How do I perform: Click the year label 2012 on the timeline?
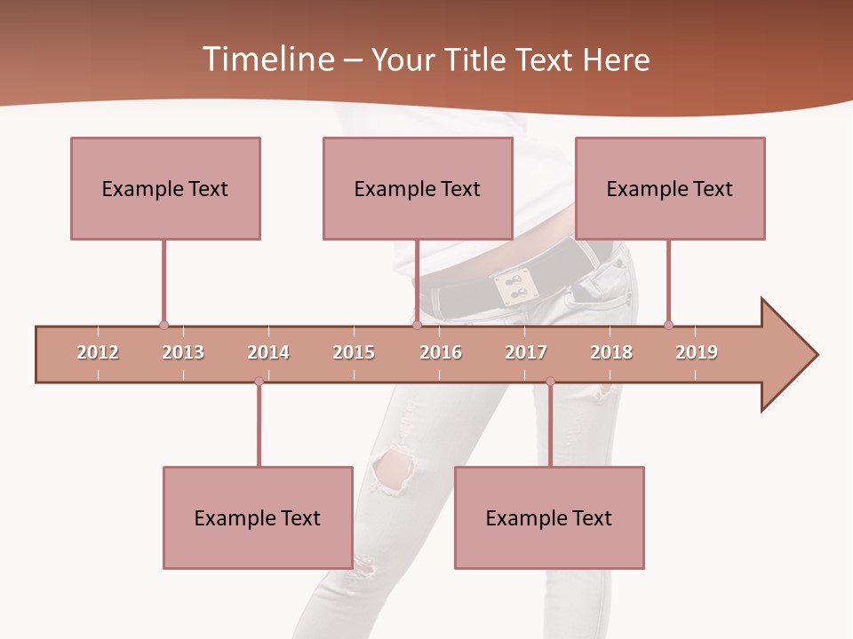pyautogui.click(x=98, y=352)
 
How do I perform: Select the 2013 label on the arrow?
pyautogui.click(x=183, y=352)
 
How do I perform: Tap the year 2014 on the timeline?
pyautogui.click(x=268, y=352)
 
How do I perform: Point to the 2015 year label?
pyautogui.click(x=354, y=352)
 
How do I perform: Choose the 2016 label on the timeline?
pyautogui.click(x=441, y=352)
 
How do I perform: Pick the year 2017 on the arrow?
pyautogui.click(x=526, y=352)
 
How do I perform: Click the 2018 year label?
pyautogui.click(x=611, y=352)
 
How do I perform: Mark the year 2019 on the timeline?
pyautogui.click(x=697, y=352)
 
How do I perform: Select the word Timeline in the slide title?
pyautogui.click(x=267, y=59)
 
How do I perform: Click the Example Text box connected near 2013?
pyautogui.click(x=165, y=188)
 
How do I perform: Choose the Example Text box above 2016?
pyautogui.click(x=418, y=188)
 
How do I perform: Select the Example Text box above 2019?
pyautogui.click(x=670, y=188)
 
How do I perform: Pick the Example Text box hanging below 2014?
pyautogui.click(x=258, y=517)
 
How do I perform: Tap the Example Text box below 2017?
pyautogui.click(x=549, y=517)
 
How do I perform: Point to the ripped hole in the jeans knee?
pyautogui.click(x=394, y=468)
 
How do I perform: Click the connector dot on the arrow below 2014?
pyautogui.click(x=259, y=381)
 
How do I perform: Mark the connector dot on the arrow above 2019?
pyautogui.click(x=668, y=325)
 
